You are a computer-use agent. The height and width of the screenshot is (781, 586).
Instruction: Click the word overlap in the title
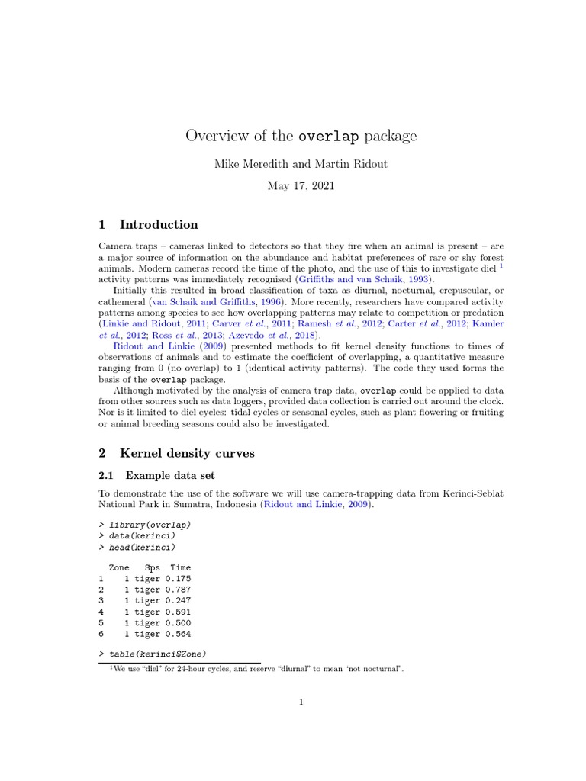329,137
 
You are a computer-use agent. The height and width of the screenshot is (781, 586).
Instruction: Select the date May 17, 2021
301,185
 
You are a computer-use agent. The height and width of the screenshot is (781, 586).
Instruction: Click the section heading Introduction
159,224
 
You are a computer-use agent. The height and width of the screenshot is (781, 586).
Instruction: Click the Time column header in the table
181,568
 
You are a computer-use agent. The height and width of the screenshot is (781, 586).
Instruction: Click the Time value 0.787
178,590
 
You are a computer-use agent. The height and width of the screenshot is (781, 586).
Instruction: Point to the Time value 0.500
178,622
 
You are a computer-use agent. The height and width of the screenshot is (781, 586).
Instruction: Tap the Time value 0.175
178,579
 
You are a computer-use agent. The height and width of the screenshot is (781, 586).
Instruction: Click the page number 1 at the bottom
301,703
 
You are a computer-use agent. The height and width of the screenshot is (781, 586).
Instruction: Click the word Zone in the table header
119,568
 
